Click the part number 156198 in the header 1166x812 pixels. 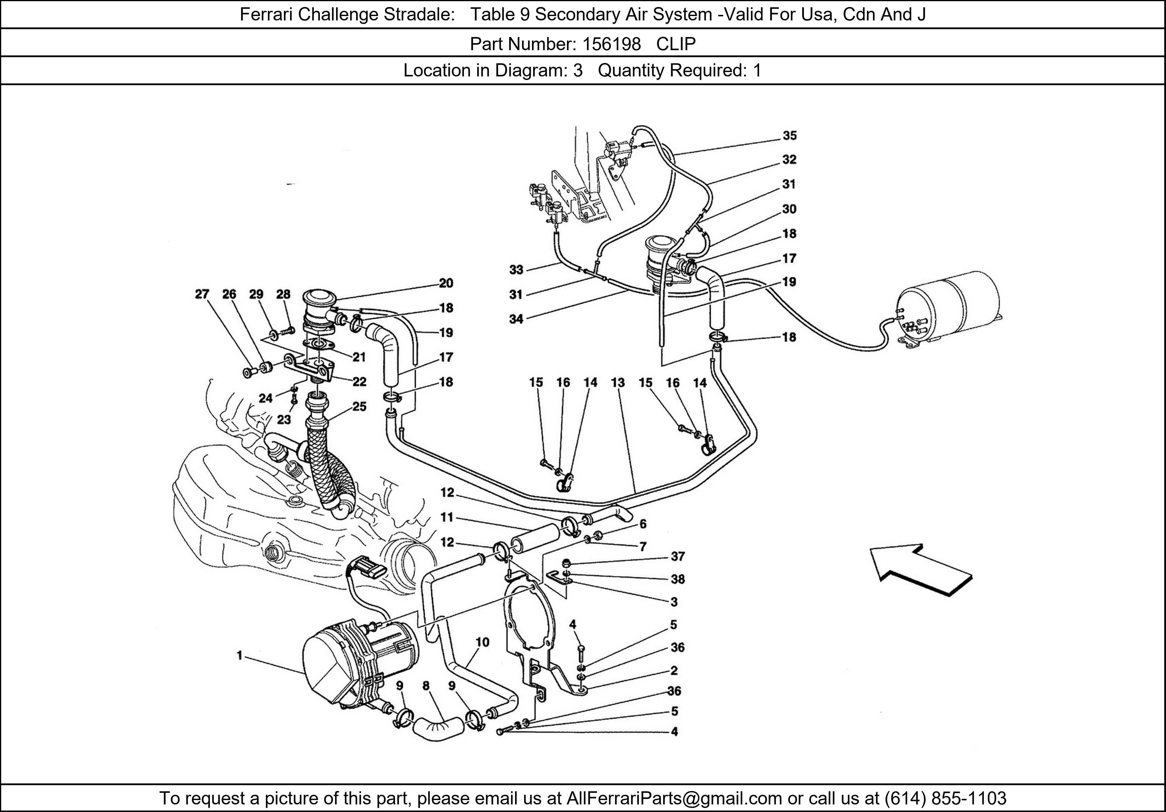pyautogui.click(x=612, y=44)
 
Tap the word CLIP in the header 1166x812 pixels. pyautogui.click(x=676, y=44)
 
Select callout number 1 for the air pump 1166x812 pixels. pyautogui.click(x=239, y=656)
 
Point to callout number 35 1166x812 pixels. pyautogui.click(x=789, y=136)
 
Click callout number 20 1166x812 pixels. pyautogui.click(x=446, y=283)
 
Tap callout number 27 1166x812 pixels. pyautogui.click(x=202, y=294)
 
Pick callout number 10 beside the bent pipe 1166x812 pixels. pyautogui.click(x=482, y=642)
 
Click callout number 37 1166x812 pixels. pyautogui.click(x=677, y=557)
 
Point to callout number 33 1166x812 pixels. pyautogui.click(x=516, y=270)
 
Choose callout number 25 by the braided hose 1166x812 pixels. pyautogui.click(x=359, y=407)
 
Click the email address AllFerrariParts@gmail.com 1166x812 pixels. pyautogui.click(x=674, y=798)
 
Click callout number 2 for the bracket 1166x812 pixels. pyautogui.click(x=674, y=671)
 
